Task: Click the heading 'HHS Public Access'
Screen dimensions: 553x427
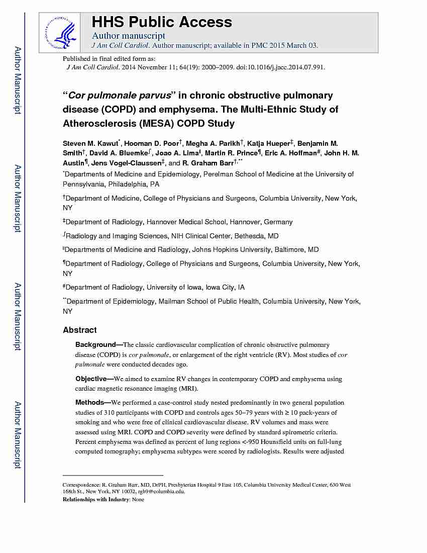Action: point(161,22)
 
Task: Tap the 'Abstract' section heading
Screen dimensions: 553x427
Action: point(79,330)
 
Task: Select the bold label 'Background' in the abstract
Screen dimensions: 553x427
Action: point(95,345)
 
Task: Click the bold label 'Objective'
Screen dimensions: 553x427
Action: point(93,379)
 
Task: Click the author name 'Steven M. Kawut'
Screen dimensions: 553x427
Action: point(92,143)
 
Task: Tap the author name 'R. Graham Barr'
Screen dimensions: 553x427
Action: point(207,163)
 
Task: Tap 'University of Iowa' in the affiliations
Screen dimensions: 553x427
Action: point(175,288)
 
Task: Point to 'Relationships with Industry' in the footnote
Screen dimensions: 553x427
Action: point(96,500)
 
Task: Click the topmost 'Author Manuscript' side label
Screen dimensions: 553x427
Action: point(18,80)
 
